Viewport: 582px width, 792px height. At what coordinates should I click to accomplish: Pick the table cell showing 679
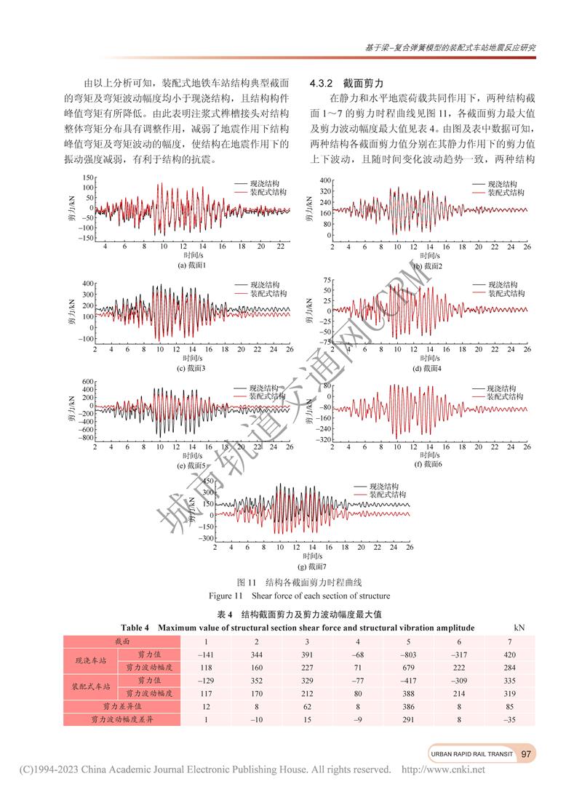coord(408,667)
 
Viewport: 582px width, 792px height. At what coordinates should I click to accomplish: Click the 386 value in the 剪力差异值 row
coord(408,706)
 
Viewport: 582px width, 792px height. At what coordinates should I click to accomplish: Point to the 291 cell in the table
coord(408,719)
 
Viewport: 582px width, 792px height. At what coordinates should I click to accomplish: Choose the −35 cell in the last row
coord(509,719)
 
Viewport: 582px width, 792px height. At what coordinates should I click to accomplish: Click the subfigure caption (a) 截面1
coord(192,266)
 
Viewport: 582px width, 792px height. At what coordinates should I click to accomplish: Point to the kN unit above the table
coord(519,627)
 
